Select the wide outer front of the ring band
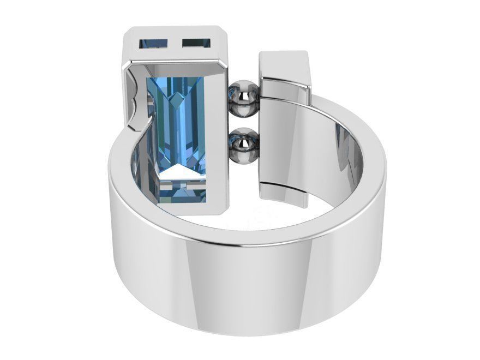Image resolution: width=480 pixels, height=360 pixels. (x=245, y=284)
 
